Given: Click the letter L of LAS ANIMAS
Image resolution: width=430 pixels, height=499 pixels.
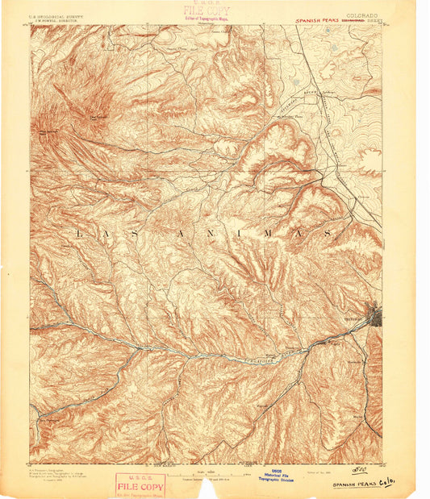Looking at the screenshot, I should coord(79,233).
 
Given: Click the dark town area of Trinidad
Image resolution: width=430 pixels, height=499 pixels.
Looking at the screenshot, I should coord(375,314).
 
